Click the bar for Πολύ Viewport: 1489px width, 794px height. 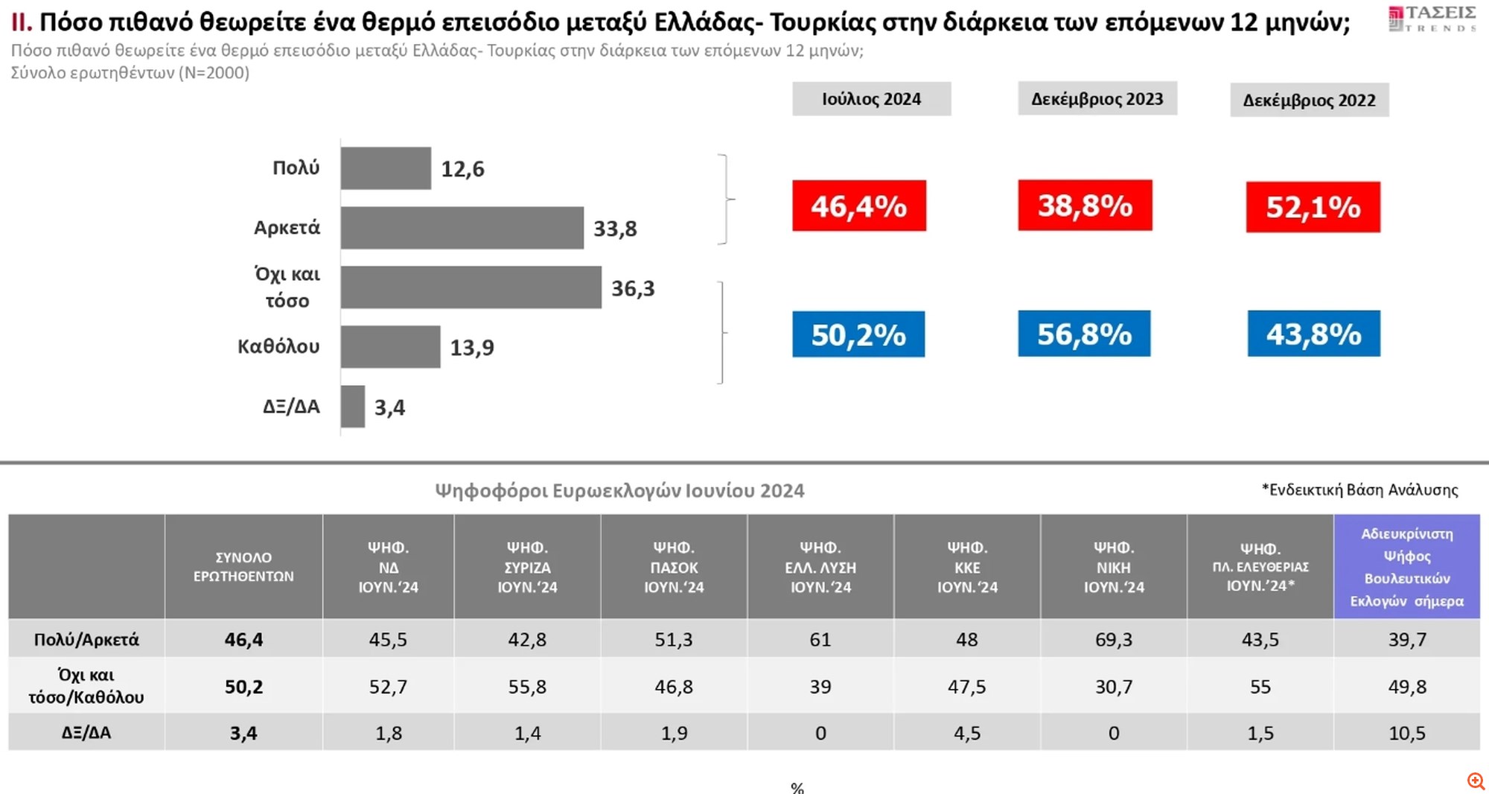click(386, 168)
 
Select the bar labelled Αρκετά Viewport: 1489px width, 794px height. click(462, 228)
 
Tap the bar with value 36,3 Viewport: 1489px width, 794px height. click(471, 288)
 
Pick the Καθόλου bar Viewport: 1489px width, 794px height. click(390, 347)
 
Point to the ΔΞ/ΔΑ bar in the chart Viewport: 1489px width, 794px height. click(353, 407)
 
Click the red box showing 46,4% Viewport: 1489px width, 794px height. click(858, 206)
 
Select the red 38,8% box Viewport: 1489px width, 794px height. click(1085, 205)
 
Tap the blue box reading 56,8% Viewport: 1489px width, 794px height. click(1084, 334)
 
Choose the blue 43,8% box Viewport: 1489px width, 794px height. click(1313, 334)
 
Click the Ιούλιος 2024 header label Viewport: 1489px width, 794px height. click(871, 99)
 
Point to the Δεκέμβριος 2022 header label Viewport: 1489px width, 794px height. click(1309, 101)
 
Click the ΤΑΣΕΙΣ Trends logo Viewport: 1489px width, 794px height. click(1432, 19)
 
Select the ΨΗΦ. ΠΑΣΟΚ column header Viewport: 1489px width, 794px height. click(674, 567)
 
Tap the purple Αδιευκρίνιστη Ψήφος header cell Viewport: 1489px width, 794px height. click(1406, 567)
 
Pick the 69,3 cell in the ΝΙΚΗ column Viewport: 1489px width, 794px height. click(1113, 639)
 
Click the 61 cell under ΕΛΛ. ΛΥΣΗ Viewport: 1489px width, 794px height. click(820, 639)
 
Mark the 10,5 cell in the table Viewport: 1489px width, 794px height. click(1406, 733)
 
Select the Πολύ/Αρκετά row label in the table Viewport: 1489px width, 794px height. click(86, 639)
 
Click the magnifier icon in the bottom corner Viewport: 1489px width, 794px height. click(1476, 781)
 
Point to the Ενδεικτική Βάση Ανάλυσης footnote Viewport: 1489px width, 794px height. click(1359, 490)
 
